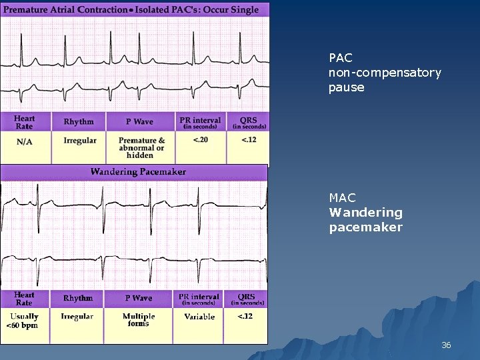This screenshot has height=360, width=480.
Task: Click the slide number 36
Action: coord(446,345)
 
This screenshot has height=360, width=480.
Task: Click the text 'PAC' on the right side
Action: coord(340,58)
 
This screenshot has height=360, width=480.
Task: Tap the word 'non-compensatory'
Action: coord(385,73)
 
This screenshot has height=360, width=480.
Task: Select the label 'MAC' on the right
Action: coord(342,198)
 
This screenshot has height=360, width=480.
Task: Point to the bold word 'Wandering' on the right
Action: coord(365,213)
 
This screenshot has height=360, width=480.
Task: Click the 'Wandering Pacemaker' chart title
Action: coord(138,172)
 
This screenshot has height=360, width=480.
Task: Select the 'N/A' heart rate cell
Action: coord(24,141)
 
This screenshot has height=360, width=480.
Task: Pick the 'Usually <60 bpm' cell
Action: coord(25,321)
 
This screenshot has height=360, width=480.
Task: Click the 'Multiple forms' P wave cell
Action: coord(139,320)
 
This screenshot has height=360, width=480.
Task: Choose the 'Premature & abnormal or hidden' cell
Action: coord(141,147)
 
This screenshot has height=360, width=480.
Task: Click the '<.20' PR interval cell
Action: coord(199,139)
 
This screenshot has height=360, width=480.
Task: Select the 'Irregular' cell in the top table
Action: coord(80,141)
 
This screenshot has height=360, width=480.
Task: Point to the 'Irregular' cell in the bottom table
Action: coord(77,317)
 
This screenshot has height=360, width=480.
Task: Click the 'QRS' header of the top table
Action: coord(249,122)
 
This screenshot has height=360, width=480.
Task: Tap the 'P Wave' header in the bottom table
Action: coord(138,299)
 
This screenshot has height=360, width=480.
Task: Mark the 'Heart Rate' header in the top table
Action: coord(25,122)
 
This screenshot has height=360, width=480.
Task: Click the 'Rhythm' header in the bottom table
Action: coord(78,299)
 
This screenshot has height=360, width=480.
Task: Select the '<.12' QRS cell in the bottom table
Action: coord(245,316)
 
